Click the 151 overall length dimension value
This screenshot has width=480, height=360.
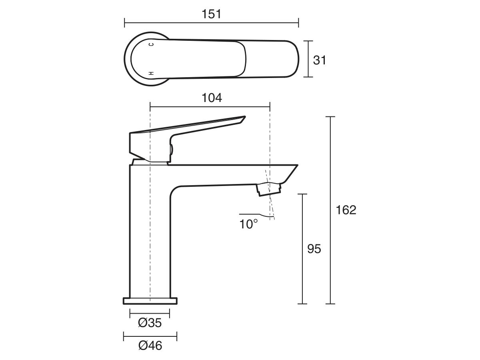(212, 14)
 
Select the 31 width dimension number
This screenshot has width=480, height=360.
(320, 60)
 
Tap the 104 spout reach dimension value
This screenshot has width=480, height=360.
(212, 98)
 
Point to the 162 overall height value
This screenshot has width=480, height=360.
(346, 210)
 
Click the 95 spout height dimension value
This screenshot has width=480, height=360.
(314, 249)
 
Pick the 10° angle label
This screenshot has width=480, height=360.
(249, 224)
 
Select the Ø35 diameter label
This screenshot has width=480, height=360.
(150, 323)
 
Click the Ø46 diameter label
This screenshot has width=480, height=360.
(150, 346)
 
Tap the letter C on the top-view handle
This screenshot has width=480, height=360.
(151, 44)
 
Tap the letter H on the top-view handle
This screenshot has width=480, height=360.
(151, 73)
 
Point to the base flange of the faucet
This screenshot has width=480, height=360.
(150, 300)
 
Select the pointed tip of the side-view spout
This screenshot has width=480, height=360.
(297, 166)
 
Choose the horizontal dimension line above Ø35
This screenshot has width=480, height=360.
(150, 313)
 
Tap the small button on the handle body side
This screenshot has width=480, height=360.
(171, 150)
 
